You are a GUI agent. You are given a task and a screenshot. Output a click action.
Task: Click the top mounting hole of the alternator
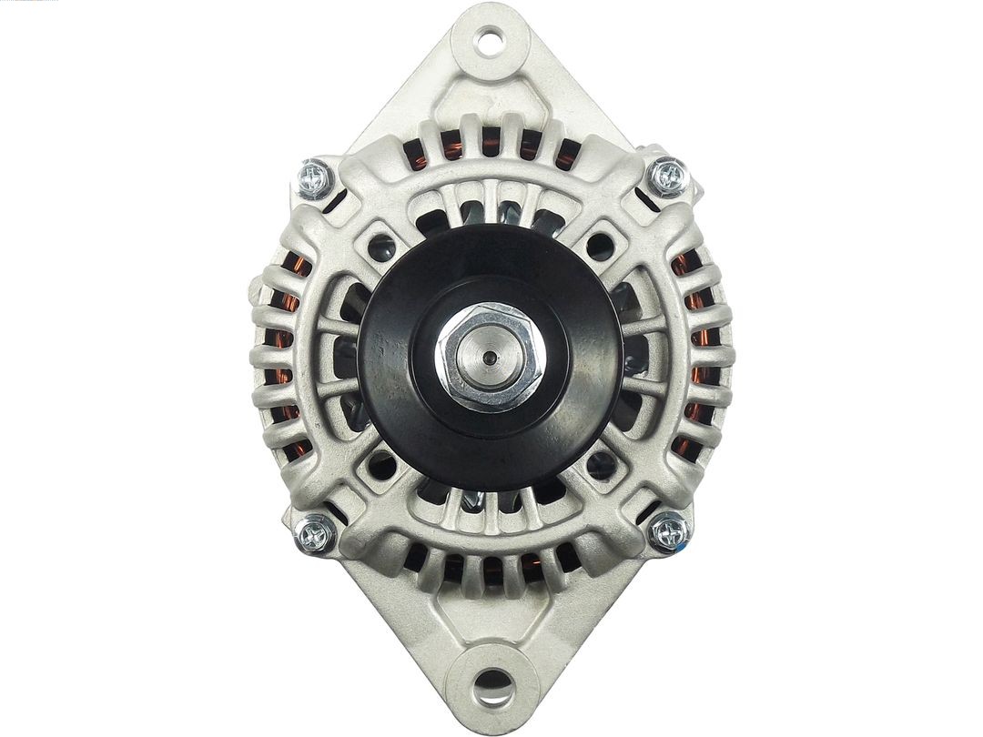pos(490,40)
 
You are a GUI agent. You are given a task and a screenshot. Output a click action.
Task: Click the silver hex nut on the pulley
pos(490,357)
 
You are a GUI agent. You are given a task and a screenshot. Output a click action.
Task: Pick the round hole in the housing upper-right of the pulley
pos(599,245)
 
